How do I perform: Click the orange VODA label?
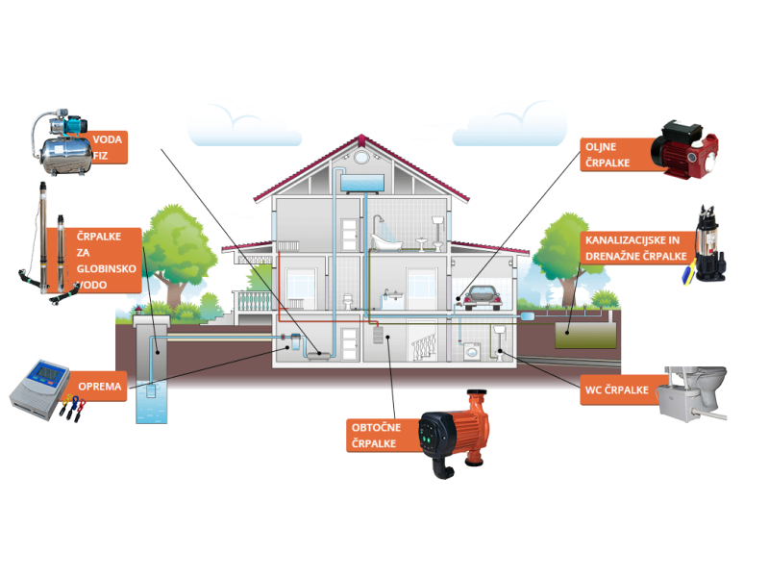pyautogui.click(x=108, y=149)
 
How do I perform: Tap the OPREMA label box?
pyautogui.click(x=100, y=388)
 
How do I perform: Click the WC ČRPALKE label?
pyautogui.click(x=615, y=391)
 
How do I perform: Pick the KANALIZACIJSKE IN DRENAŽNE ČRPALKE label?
pyautogui.click(x=634, y=247)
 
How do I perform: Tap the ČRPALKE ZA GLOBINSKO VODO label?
pyautogui.click(x=117, y=261)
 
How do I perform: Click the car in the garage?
pyautogui.click(x=484, y=298)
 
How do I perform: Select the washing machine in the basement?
pyautogui.click(x=471, y=353)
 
